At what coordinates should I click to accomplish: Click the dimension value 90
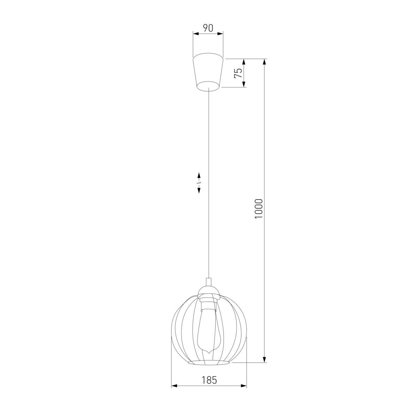point(208,28)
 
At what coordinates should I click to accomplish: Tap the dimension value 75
point(238,73)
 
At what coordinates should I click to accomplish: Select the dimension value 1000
point(258,209)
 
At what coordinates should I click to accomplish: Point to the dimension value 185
point(209,380)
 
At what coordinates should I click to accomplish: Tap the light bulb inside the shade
point(208,327)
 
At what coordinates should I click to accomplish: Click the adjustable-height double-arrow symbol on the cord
point(199,182)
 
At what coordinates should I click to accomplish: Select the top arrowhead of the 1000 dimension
point(265,62)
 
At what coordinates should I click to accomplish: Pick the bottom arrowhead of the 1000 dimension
point(265,359)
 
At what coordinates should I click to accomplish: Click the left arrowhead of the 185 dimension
point(174,386)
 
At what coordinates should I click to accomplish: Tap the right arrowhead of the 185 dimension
point(244,386)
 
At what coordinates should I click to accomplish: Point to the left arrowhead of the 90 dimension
point(196,34)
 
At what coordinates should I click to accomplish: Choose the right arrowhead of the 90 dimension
point(220,34)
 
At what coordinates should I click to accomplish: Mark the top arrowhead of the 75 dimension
point(244,62)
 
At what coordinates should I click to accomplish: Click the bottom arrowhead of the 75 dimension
point(244,84)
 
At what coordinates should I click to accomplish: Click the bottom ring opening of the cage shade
point(209,363)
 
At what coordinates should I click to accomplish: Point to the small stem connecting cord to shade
point(208,282)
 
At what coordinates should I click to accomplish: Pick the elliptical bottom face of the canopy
point(208,85)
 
